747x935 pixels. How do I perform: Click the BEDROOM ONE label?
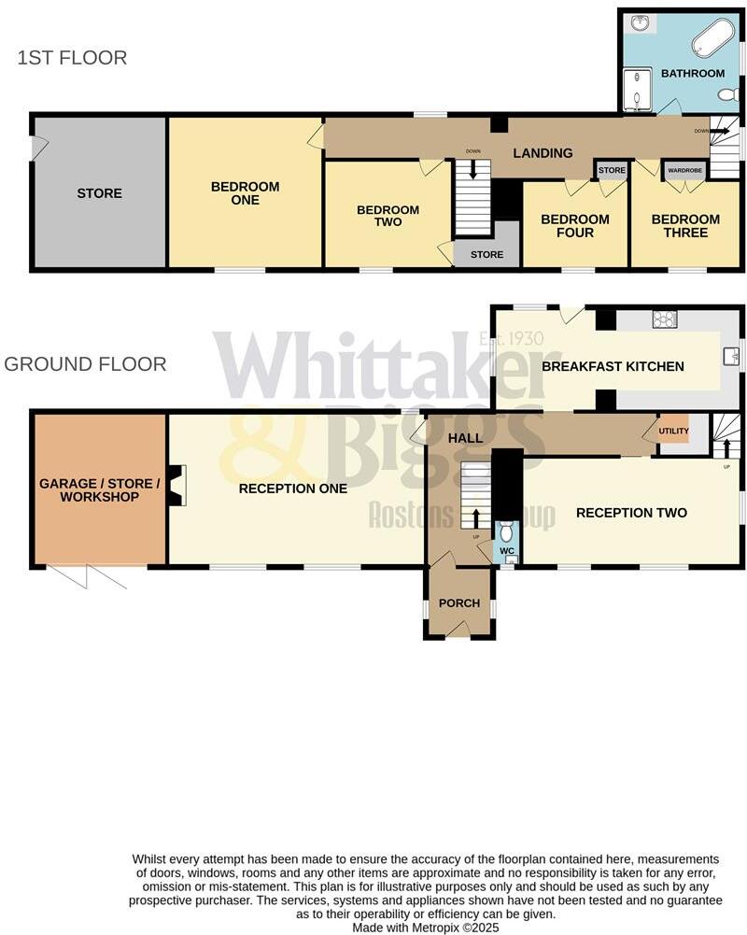pyautogui.click(x=245, y=193)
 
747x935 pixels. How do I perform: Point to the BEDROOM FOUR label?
pyautogui.click(x=575, y=226)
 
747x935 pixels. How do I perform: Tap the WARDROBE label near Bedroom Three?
pyautogui.click(x=685, y=171)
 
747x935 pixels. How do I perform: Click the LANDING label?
pyautogui.click(x=543, y=153)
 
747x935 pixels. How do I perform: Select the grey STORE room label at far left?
pyautogui.click(x=99, y=193)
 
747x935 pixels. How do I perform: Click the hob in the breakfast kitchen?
pyautogui.click(x=665, y=320)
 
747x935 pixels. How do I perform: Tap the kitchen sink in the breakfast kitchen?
pyautogui.click(x=731, y=355)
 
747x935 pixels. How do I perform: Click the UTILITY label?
pyautogui.click(x=674, y=432)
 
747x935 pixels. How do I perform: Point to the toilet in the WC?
pyautogui.click(x=506, y=533)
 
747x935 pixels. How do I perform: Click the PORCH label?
pyautogui.click(x=459, y=603)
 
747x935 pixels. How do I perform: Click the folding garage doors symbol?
pyautogui.click(x=86, y=577)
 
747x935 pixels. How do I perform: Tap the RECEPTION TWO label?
pyautogui.click(x=631, y=513)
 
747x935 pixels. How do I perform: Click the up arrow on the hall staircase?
pyautogui.click(x=475, y=517)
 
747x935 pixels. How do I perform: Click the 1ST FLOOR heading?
pyautogui.click(x=72, y=58)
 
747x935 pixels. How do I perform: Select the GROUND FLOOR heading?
pyautogui.click(x=85, y=364)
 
